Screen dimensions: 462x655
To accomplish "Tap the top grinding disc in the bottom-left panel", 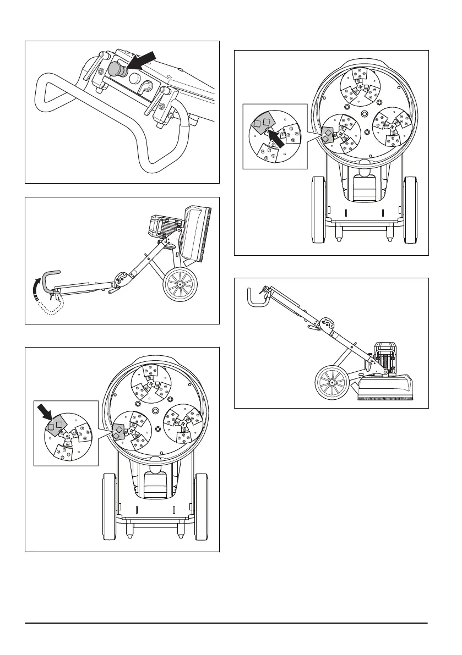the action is click(150, 383).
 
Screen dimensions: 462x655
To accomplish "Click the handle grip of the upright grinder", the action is click(253, 297).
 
